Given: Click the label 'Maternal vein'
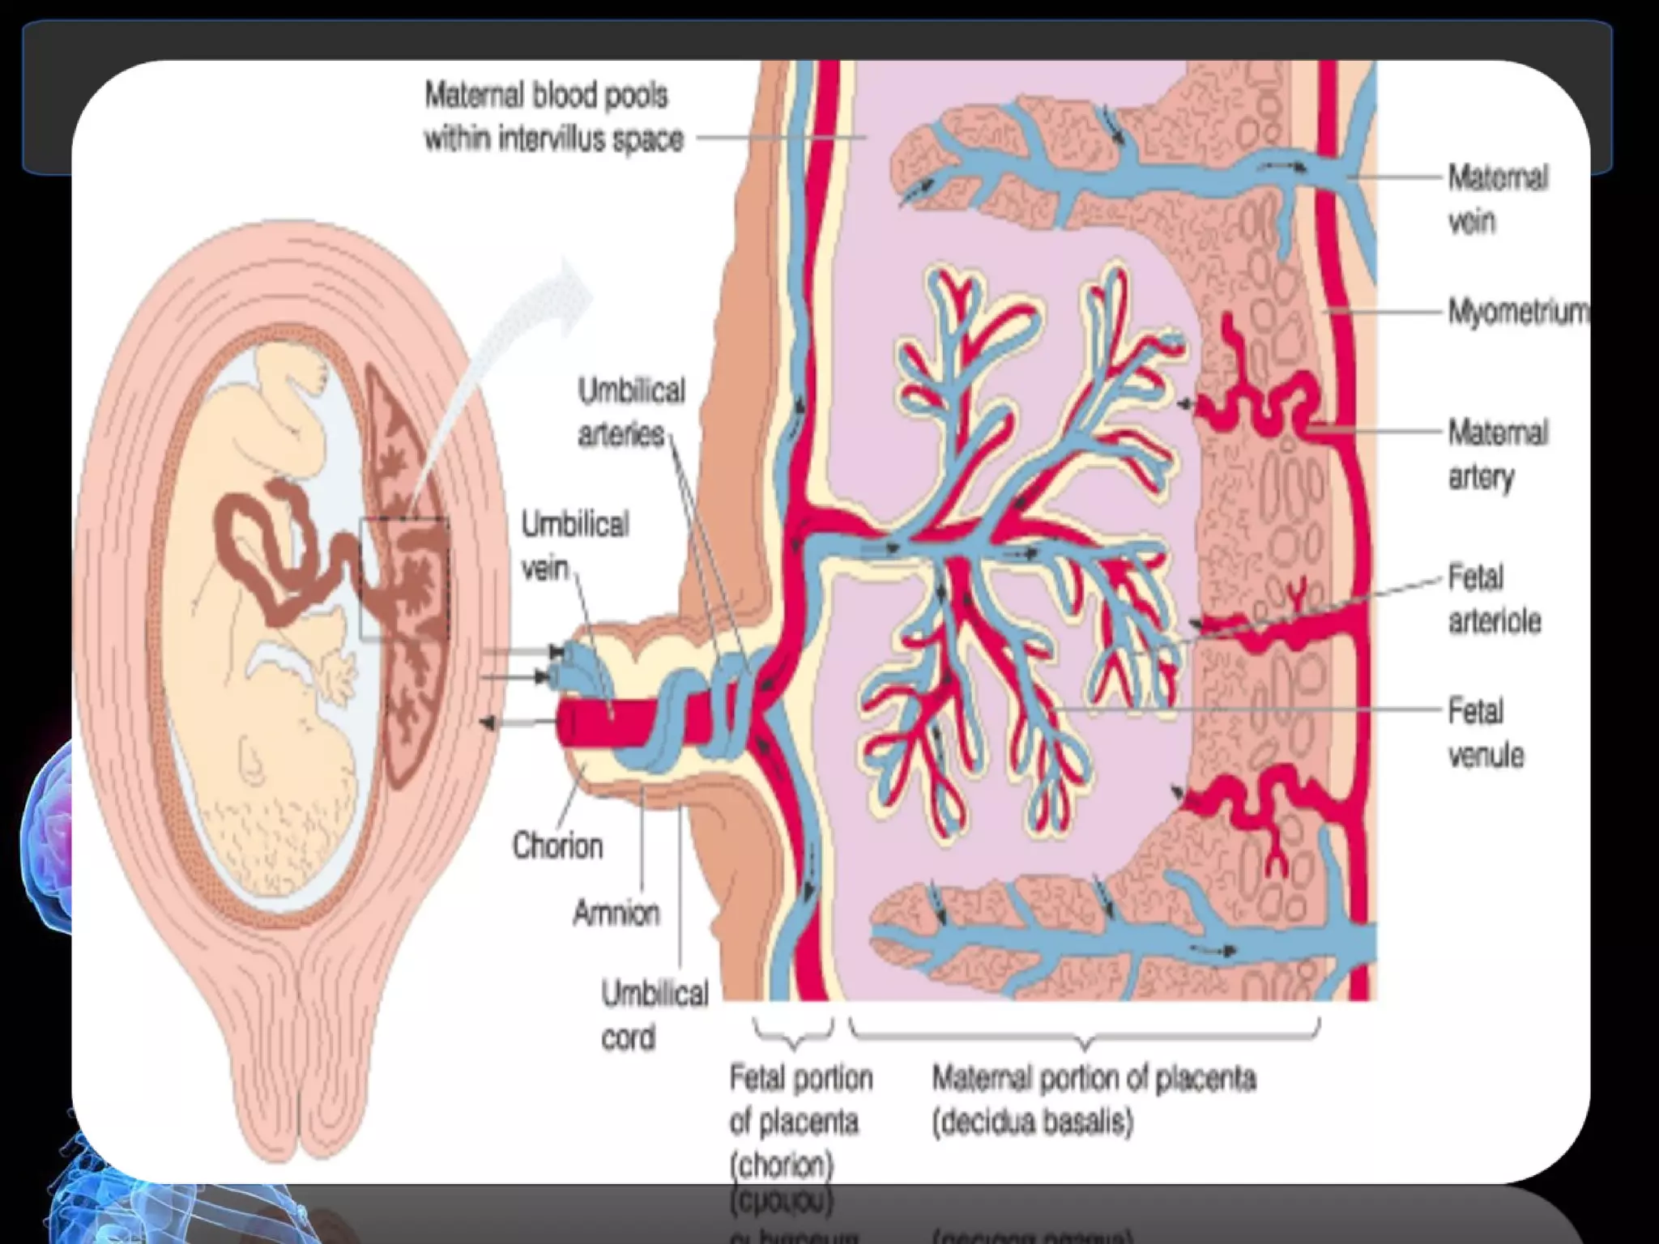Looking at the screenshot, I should (x=1498, y=199).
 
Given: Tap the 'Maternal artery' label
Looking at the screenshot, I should (x=1498, y=454).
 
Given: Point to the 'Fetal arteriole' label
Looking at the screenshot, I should (x=1494, y=600).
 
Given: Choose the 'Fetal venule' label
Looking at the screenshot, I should (x=1486, y=734).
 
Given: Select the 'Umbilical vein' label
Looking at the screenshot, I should (x=574, y=546).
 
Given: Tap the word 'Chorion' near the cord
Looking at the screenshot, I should (x=558, y=846).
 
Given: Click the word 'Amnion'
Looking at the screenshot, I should (x=616, y=914).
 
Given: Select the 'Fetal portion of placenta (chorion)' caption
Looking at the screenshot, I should (x=800, y=1122).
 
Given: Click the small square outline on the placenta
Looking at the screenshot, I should (x=404, y=578).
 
